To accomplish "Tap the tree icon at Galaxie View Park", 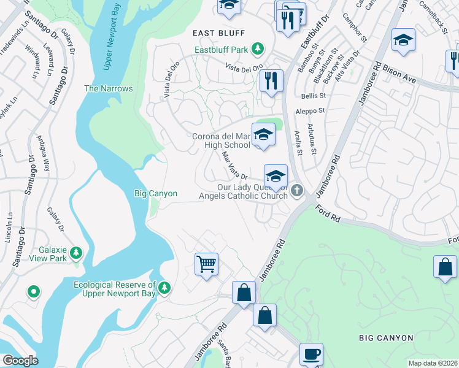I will click(76, 252).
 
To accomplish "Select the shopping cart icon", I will click(206, 264).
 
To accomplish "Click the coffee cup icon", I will click(311, 354).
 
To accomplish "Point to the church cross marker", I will click(297, 190).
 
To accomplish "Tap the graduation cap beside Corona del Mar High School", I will click(263, 134).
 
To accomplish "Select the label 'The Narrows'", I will click(108, 88).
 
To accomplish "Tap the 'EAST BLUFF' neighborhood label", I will click(218, 33).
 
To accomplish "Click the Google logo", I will click(20, 361).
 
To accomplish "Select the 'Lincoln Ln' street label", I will click(9, 227).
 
